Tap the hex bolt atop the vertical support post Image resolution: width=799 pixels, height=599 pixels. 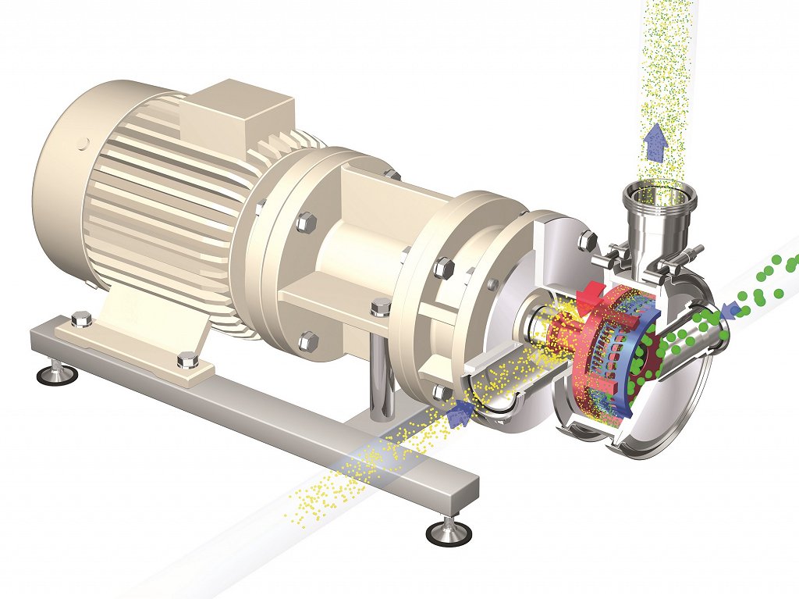pyautogui.click(x=381, y=305)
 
